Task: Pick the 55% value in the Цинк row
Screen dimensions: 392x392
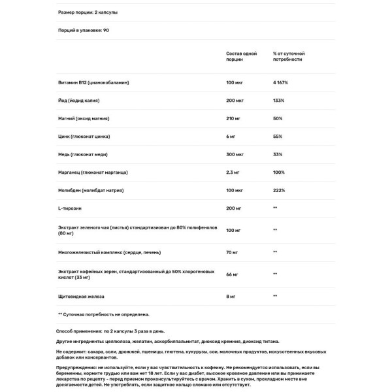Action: pyautogui.click(x=278, y=137)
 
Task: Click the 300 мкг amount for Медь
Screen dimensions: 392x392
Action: pyautogui.click(x=235, y=155)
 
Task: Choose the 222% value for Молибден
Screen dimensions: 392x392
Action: pyautogui.click(x=279, y=190)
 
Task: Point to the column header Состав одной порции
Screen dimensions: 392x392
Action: pyautogui.click(x=241, y=56)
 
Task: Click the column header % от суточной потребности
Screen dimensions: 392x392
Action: pyautogui.click(x=289, y=56)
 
